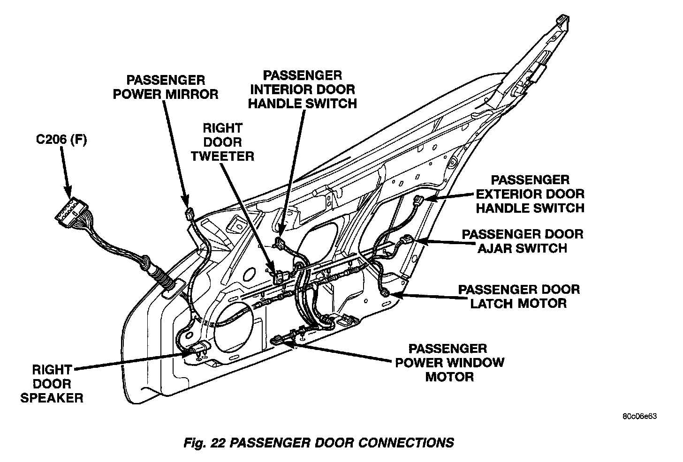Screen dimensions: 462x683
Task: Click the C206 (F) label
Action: pyautogui.click(x=61, y=140)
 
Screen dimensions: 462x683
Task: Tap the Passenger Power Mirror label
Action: pyautogui.click(x=166, y=87)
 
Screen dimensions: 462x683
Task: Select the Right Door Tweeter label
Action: pyautogui.click(x=222, y=142)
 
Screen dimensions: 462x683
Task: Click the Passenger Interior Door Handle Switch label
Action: pyautogui.click(x=302, y=89)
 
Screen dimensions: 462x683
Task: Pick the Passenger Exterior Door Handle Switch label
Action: pyautogui.click(x=530, y=194)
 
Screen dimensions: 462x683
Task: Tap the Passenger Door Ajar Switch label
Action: pyautogui.click(x=522, y=241)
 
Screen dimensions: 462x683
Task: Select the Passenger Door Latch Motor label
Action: pyautogui.click(x=518, y=296)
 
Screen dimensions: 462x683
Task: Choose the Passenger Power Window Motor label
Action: pyautogui.click(x=449, y=362)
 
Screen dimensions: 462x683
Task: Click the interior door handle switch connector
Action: pyautogui.click(x=280, y=242)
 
